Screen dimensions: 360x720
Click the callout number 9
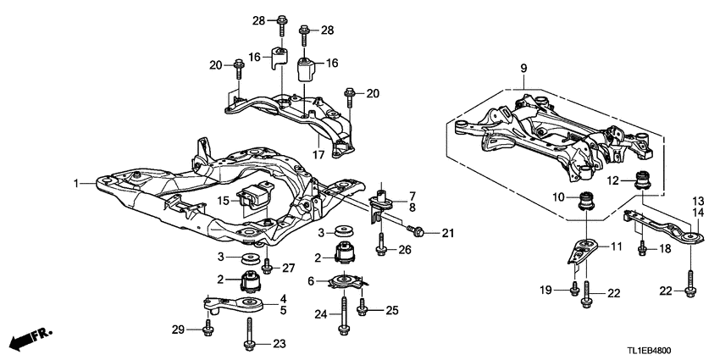[x=523, y=68]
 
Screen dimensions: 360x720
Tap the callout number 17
[x=318, y=154]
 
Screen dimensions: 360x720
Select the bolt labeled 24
[x=345, y=313]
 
